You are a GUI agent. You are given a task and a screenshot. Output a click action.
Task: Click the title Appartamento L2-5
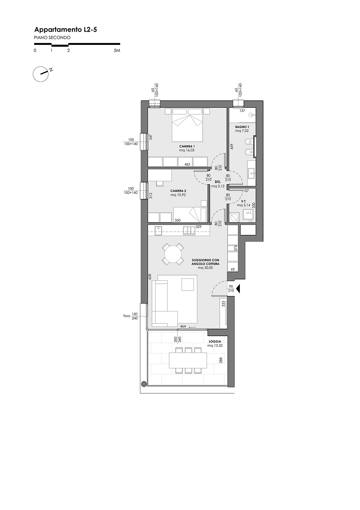click(65, 30)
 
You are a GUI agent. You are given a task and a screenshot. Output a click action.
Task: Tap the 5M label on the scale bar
click(117, 50)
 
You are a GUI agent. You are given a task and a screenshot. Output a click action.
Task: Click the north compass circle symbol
click(41, 74)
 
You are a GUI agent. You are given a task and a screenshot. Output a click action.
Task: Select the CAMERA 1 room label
click(187, 146)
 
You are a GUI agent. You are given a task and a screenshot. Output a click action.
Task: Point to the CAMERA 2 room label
click(178, 191)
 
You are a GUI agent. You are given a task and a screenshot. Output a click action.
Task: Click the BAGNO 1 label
click(242, 127)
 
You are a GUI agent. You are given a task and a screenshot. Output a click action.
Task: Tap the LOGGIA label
click(215, 342)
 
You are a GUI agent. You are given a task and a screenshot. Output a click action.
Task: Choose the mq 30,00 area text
click(205, 268)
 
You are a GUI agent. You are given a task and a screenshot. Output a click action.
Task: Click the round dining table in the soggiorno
click(173, 254)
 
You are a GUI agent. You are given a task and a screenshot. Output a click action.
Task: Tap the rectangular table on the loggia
click(188, 360)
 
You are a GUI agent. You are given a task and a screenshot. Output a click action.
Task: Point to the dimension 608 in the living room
click(150, 277)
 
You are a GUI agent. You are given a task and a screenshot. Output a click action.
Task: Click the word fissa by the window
click(127, 316)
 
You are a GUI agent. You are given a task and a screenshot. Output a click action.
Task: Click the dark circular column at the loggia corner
click(144, 384)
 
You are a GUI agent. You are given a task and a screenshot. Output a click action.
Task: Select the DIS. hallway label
click(218, 182)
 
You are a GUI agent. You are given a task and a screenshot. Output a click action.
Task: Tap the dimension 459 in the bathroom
click(232, 146)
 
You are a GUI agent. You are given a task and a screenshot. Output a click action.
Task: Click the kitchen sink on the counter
click(189, 231)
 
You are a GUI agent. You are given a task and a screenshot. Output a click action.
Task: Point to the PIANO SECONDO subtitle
click(52, 38)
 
